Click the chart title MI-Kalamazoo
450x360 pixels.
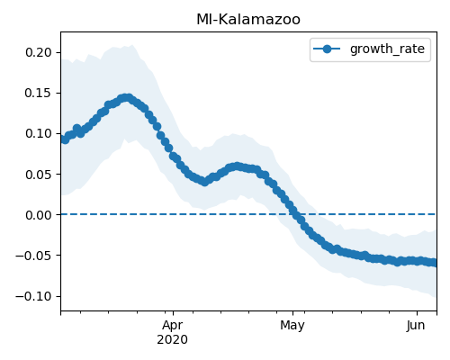[x=248, y=20]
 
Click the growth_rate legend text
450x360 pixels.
[x=387, y=49]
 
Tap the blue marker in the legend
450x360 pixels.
[x=327, y=49]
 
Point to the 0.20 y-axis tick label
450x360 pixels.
[x=39, y=52]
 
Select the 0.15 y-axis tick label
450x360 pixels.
[x=39, y=93]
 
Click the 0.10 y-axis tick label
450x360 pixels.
[x=39, y=133]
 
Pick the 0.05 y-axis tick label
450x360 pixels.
[x=39, y=175]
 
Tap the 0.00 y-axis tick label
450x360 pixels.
[x=39, y=215]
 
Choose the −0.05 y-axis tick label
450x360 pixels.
[x=34, y=256]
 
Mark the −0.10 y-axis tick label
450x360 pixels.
[x=34, y=296]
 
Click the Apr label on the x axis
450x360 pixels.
[x=173, y=326]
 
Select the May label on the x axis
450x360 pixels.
[x=292, y=326]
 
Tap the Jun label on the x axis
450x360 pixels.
[x=416, y=326]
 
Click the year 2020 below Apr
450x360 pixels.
[x=173, y=340]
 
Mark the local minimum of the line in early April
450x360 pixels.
[x=204, y=182]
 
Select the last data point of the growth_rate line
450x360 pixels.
[x=434, y=263]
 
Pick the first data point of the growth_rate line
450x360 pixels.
[x=62, y=139]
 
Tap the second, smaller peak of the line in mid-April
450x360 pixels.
[x=238, y=166]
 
